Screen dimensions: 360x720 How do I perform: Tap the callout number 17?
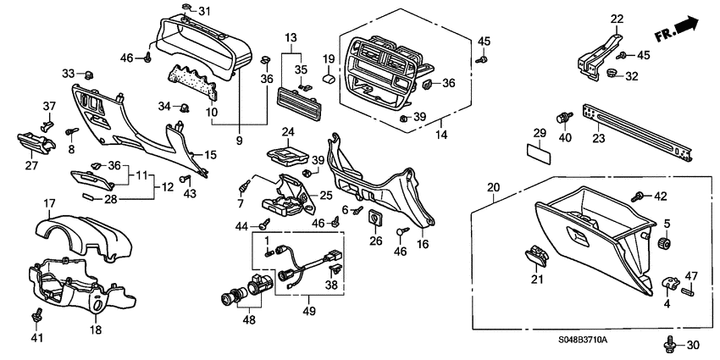click(x=49, y=203)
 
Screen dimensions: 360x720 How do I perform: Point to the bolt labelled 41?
click(x=36, y=317)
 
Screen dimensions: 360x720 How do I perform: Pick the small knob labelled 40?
click(x=560, y=118)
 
